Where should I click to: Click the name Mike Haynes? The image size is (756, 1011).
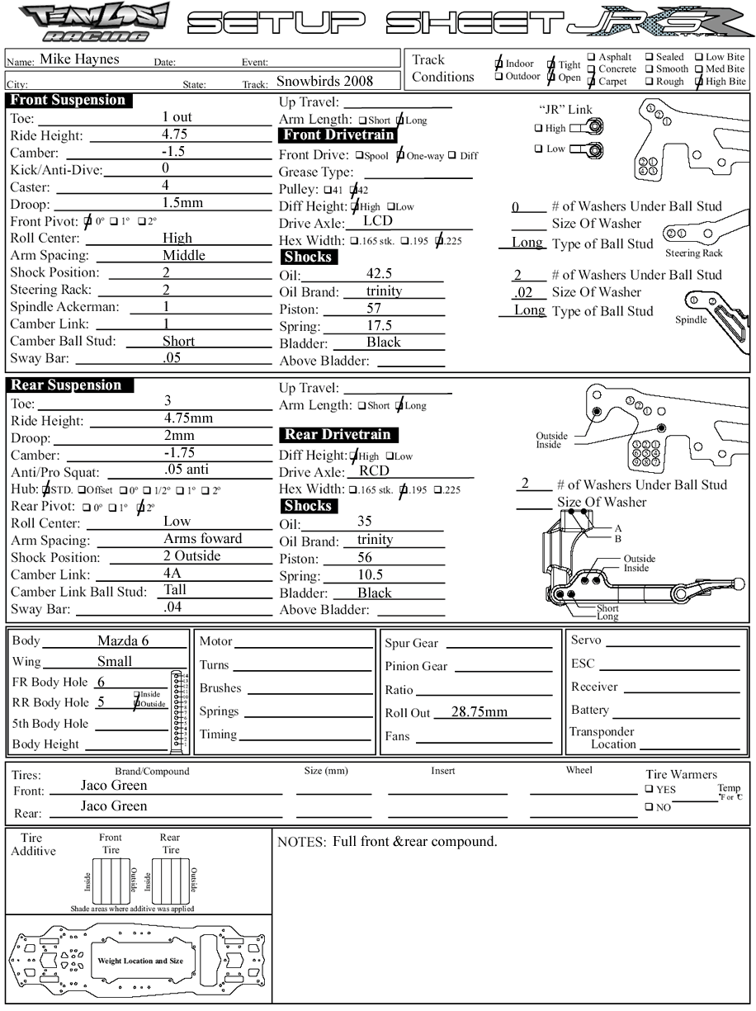(x=79, y=59)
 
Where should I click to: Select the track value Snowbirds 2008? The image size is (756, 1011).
(x=324, y=81)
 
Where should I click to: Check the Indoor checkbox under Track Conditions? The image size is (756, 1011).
(x=498, y=64)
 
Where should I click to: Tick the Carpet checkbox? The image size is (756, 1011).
(x=591, y=82)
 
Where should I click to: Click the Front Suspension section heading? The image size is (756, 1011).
(x=69, y=101)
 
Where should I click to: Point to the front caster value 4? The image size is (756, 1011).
(x=165, y=186)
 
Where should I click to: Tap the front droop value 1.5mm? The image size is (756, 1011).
(x=182, y=203)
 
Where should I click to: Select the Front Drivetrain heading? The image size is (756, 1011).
(x=338, y=135)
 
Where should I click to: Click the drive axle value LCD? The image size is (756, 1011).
(x=377, y=221)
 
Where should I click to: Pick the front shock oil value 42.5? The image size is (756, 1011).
(x=379, y=274)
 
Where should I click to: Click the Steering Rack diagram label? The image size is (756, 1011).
(x=694, y=253)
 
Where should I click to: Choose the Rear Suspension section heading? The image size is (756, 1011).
(x=66, y=385)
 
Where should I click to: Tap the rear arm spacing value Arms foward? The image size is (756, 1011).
(x=202, y=539)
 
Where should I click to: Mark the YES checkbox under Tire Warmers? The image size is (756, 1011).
(x=650, y=789)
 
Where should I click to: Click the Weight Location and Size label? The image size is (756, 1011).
(x=140, y=961)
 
